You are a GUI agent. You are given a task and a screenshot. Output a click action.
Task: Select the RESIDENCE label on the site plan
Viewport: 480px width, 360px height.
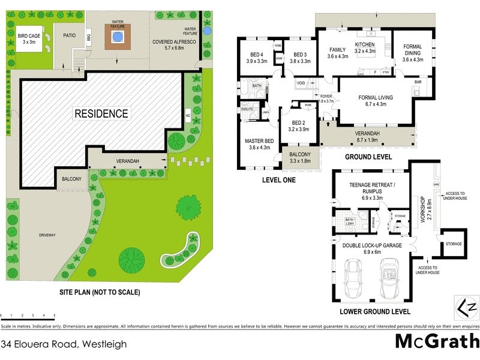pyautogui.click(x=101, y=113)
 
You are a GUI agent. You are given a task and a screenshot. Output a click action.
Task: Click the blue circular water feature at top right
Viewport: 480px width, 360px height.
pyautogui.click(x=207, y=30)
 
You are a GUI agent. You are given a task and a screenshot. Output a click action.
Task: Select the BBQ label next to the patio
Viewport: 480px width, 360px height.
pyautogui.click(x=88, y=37)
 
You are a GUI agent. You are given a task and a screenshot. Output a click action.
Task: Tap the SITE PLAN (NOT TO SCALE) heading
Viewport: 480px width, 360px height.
pyautogui.click(x=99, y=293)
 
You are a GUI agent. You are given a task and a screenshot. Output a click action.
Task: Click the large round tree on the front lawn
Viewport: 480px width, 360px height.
pyautogui.click(x=131, y=259)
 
